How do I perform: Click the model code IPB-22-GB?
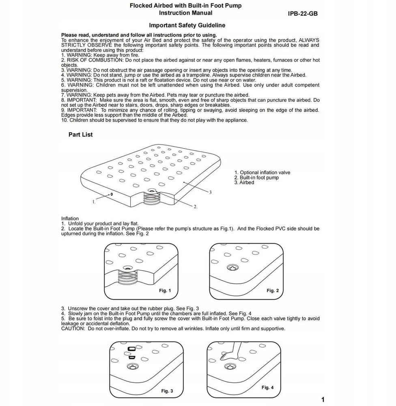(x=303, y=14)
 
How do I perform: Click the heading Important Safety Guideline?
(x=187, y=25)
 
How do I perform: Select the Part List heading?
(x=80, y=134)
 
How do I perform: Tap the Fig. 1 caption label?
(x=165, y=291)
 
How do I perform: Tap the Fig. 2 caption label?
(x=273, y=291)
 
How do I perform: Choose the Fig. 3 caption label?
(x=167, y=391)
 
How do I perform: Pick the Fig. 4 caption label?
(x=267, y=387)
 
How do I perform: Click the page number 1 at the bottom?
(x=323, y=400)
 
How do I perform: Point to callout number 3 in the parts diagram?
(x=211, y=192)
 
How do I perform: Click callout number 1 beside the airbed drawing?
(x=94, y=202)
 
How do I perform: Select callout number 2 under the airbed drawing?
(x=196, y=207)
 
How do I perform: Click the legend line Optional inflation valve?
(x=262, y=173)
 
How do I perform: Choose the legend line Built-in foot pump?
(x=256, y=178)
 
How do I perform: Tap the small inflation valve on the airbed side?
(x=112, y=194)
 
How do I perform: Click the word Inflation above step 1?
(x=70, y=218)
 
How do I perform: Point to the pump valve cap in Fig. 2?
(x=232, y=268)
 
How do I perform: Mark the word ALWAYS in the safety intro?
(x=309, y=40)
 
